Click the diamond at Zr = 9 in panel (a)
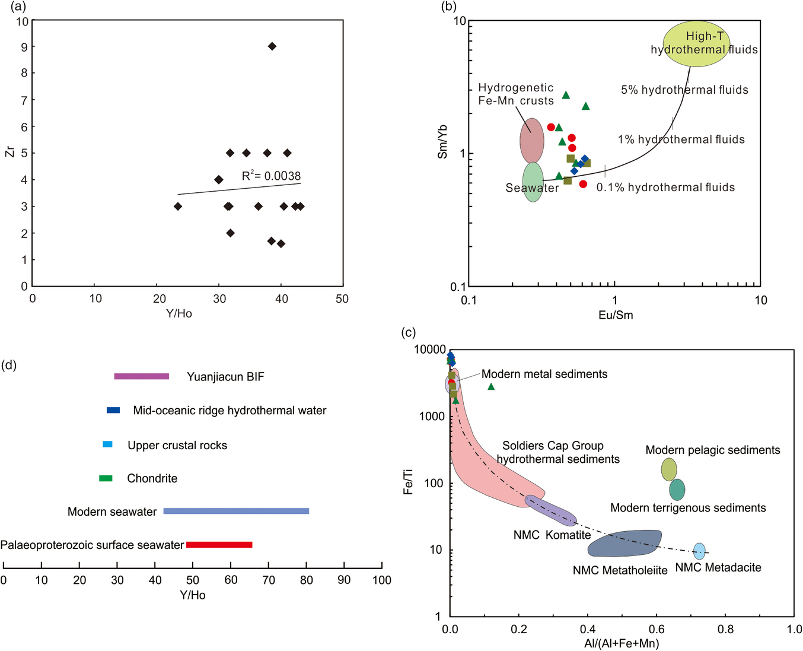click(272, 46)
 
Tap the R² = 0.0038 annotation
click(271, 176)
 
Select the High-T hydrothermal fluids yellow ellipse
click(696, 44)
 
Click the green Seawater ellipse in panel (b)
click(533, 182)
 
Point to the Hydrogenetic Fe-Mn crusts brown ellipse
click(532, 140)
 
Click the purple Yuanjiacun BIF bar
click(141, 376)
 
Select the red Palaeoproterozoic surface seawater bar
click(219, 544)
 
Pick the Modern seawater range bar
click(236, 511)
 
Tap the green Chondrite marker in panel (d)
click(106, 478)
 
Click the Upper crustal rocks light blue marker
click(107, 444)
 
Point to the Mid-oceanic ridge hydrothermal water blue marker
click(113, 410)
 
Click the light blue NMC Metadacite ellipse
click(699, 551)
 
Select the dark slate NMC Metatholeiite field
click(624, 543)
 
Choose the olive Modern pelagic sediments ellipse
click(669, 469)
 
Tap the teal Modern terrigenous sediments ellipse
click(677, 490)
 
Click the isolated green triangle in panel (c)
click(491, 386)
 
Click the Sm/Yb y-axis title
click(442, 141)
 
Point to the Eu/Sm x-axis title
click(616, 315)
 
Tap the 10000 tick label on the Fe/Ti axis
click(430, 350)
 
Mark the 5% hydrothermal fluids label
click(684, 90)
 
